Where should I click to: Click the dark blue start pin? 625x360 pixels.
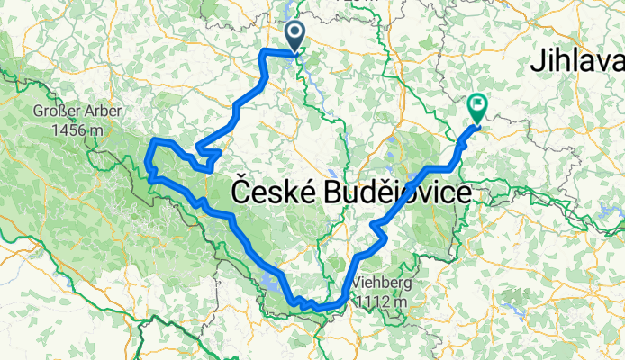(295, 37)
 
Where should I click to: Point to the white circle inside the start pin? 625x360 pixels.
(295, 32)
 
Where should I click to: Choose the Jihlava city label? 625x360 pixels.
(577, 61)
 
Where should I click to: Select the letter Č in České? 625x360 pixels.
(241, 192)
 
